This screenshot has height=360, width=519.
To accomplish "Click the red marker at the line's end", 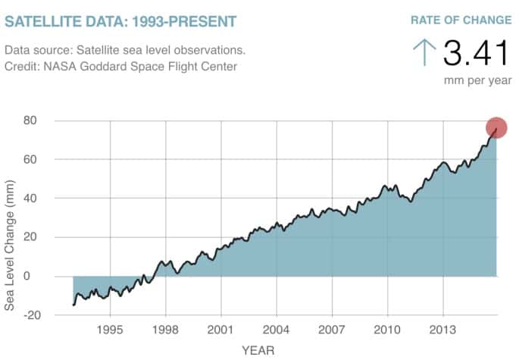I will click(x=496, y=128).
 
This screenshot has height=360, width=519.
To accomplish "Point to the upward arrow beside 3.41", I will click(x=424, y=53).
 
